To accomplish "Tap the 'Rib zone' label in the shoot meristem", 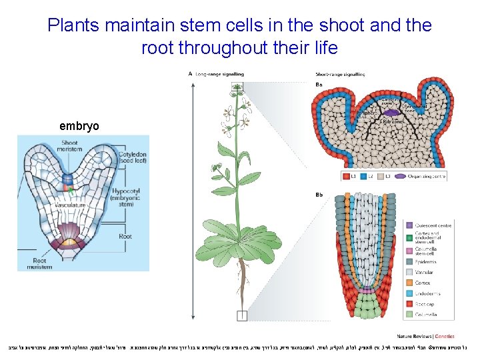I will (x=391, y=122).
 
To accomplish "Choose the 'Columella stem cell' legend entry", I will (x=431, y=253).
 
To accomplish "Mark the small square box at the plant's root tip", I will (x=241, y=316).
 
